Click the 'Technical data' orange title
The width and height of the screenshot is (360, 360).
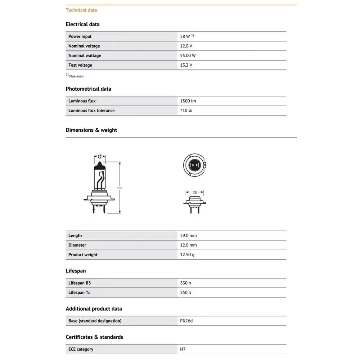tap(81, 10)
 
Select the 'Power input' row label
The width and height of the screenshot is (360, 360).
tap(80, 36)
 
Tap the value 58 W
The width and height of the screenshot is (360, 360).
tap(185, 36)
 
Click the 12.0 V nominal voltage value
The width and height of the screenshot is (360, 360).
tap(186, 46)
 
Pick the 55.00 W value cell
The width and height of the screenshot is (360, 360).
tap(188, 55)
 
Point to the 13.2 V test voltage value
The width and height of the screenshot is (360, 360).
tap(186, 65)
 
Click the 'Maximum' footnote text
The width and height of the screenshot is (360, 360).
tap(76, 76)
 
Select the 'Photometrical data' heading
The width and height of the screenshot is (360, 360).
tap(88, 89)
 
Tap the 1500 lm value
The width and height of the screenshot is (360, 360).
tap(188, 101)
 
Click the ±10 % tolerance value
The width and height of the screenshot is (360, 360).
tap(186, 111)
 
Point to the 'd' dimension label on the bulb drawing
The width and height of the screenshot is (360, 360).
tap(100, 157)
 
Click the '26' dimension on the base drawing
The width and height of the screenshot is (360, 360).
tap(195, 192)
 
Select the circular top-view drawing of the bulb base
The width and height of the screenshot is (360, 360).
tap(195, 165)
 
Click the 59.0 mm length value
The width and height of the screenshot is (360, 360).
tap(188, 235)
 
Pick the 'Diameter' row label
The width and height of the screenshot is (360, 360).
tap(77, 245)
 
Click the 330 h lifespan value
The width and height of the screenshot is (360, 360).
tap(185, 283)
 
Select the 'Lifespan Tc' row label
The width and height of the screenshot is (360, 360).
tap(79, 292)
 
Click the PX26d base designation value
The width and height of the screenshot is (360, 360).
tap(186, 321)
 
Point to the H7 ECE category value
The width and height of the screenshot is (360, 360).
tap(183, 349)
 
